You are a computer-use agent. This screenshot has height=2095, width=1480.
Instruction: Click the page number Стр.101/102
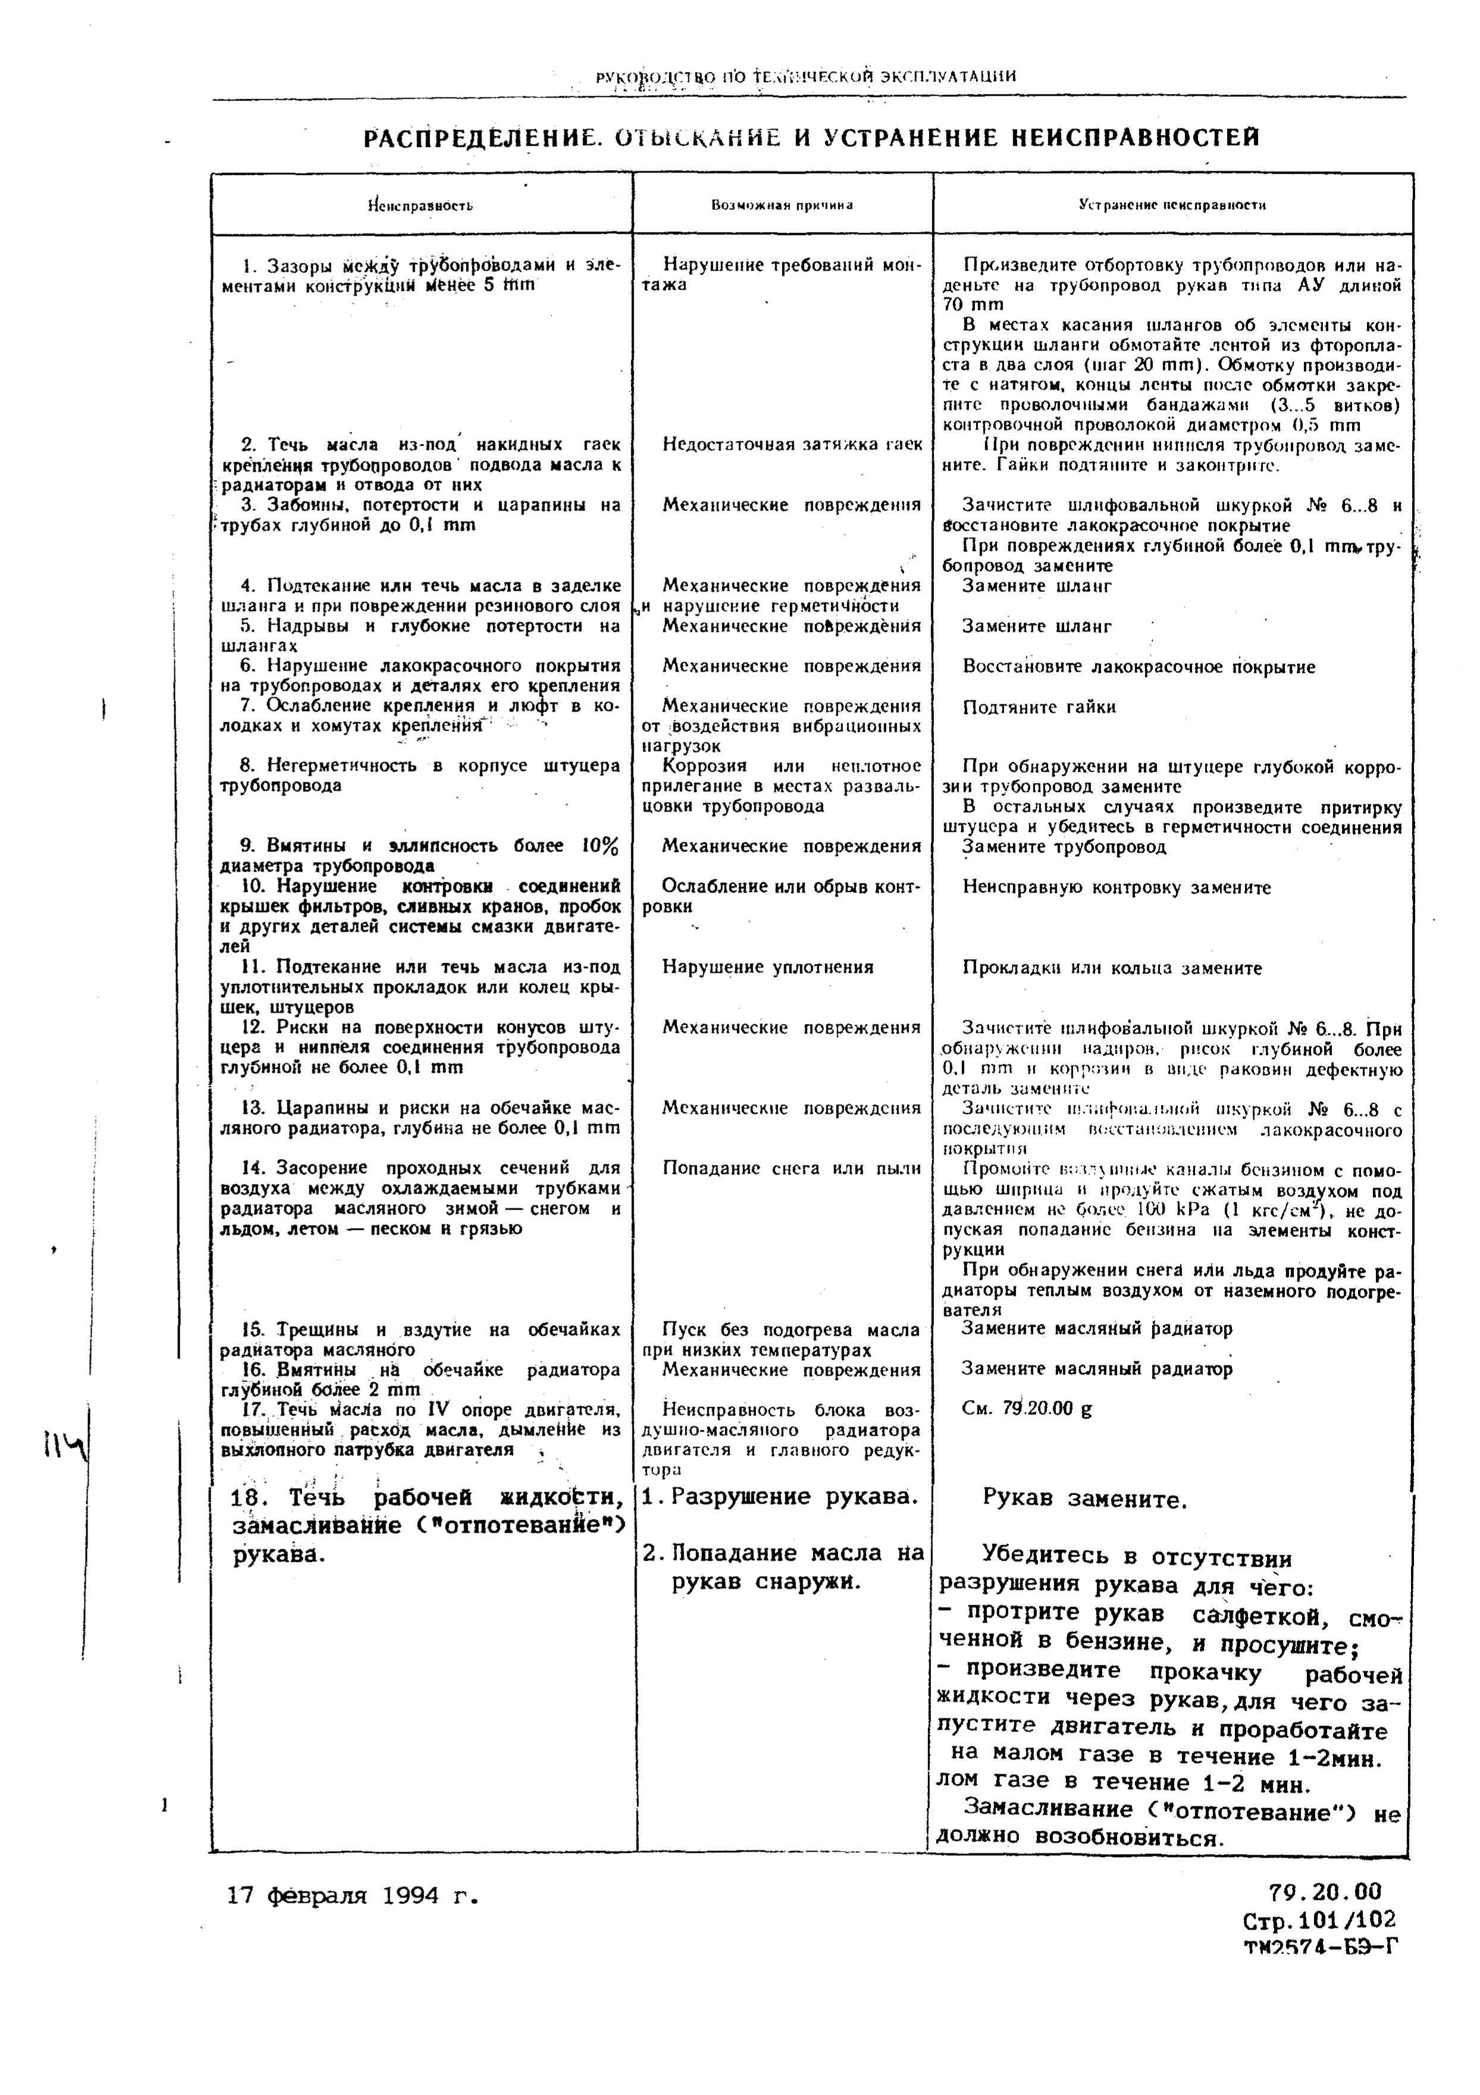click(1318, 1920)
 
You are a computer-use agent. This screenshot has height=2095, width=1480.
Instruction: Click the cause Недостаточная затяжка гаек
click(792, 444)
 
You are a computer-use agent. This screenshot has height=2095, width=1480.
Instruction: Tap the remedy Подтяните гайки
click(1039, 707)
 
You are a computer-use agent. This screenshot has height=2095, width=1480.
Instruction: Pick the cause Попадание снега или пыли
click(792, 1168)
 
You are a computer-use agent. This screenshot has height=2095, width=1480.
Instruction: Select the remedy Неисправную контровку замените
click(1116, 888)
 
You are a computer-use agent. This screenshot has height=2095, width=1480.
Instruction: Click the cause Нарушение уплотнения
click(767, 967)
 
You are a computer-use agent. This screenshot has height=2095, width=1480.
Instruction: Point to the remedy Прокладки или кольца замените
click(1111, 968)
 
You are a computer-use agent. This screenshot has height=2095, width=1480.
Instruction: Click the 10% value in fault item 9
click(600, 846)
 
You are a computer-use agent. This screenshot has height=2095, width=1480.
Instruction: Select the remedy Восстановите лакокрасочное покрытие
click(1138, 667)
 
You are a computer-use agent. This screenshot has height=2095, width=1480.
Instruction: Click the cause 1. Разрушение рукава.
click(778, 1496)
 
